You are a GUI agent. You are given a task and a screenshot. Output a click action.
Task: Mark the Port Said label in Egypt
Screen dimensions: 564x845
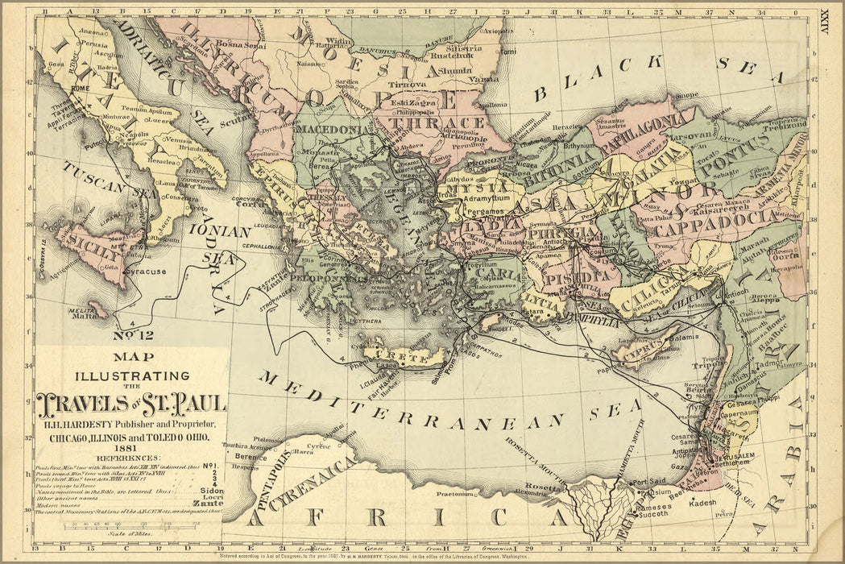tap(650, 482)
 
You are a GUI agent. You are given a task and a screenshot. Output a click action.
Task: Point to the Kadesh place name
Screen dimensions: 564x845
tap(702, 502)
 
